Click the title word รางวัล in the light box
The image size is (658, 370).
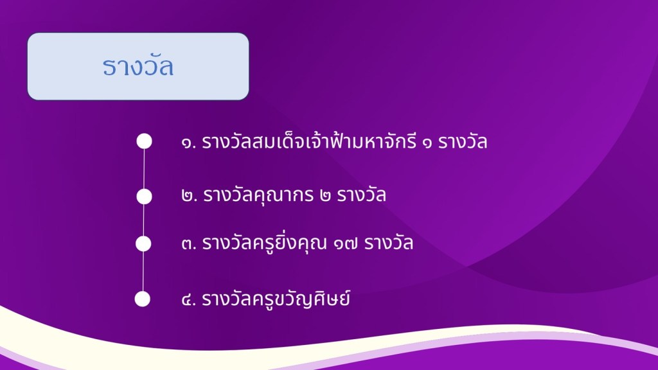[x=138, y=66]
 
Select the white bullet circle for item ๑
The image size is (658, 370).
[x=145, y=141]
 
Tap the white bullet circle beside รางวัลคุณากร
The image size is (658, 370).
[x=145, y=197]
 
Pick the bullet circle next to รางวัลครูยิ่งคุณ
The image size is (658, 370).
[x=143, y=243]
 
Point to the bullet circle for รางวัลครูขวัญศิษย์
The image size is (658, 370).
[x=143, y=299]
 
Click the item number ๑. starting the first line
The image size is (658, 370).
[x=189, y=143]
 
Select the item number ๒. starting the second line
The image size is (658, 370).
[x=190, y=195]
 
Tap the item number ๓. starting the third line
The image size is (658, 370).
[x=189, y=243]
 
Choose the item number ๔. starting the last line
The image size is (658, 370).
[x=189, y=299]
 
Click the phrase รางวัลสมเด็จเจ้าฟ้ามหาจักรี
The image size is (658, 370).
[x=309, y=141]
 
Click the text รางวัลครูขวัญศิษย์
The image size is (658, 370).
[x=276, y=299]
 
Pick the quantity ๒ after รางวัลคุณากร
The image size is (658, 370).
[x=325, y=196]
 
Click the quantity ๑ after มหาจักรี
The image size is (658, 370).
[x=427, y=143]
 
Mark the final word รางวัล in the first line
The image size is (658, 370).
[x=463, y=141]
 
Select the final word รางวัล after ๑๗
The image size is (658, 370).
[x=389, y=242]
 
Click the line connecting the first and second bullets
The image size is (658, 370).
[x=144, y=169]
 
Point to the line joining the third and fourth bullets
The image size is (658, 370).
[x=143, y=272]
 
